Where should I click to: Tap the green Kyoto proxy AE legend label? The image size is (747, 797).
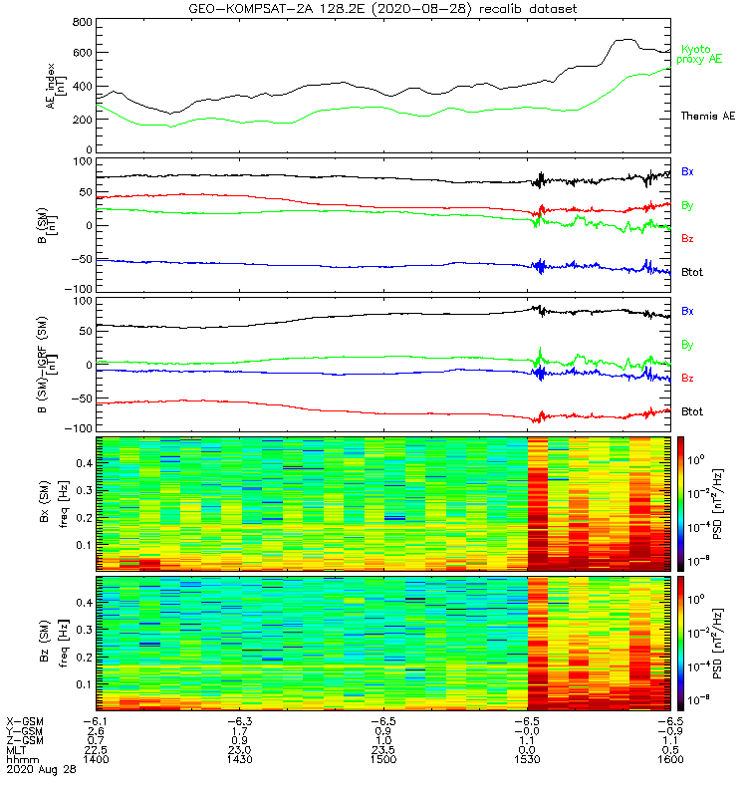tap(700, 55)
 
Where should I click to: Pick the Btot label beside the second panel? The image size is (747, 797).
tap(693, 273)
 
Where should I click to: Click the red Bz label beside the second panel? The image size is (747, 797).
tap(687, 239)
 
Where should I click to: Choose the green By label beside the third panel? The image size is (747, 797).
tap(687, 345)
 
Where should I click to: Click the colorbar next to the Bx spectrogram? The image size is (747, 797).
tap(682, 504)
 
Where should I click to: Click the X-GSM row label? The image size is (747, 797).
tap(25, 720)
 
